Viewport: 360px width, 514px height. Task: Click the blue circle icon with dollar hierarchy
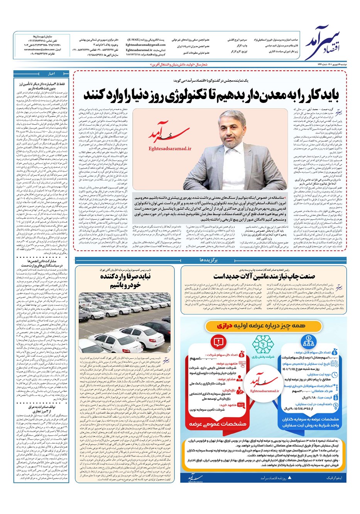tap(308, 341)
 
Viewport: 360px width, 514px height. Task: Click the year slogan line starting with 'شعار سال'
tap(185, 66)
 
